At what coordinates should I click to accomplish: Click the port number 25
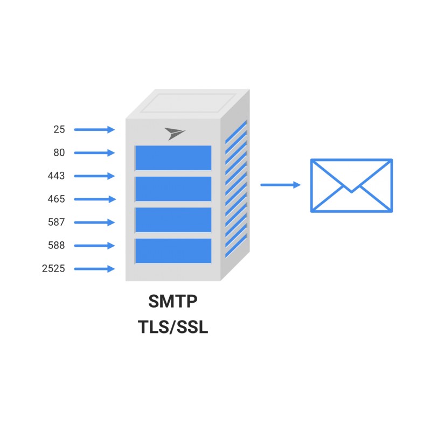point(59,129)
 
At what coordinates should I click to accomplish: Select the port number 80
point(59,152)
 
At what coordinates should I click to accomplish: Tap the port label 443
point(56,176)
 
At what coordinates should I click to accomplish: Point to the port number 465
point(56,199)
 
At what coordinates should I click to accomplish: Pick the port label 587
point(56,222)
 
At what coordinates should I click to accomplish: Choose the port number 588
point(56,245)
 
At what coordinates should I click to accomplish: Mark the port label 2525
point(53,268)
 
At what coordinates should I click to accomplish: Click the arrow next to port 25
point(95,129)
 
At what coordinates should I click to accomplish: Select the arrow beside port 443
point(95,176)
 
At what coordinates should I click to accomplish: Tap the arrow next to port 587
point(95,223)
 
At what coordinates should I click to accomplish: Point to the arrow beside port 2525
point(95,269)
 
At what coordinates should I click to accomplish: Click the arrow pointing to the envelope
point(281,185)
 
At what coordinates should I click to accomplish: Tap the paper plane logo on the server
point(175,134)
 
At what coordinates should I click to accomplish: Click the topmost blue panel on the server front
point(173,158)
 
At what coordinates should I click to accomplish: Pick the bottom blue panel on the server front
point(173,251)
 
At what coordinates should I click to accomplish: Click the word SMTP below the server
point(173,301)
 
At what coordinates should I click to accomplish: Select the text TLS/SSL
point(173,327)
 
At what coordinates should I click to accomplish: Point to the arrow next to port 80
point(95,153)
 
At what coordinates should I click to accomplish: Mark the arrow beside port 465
point(95,199)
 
